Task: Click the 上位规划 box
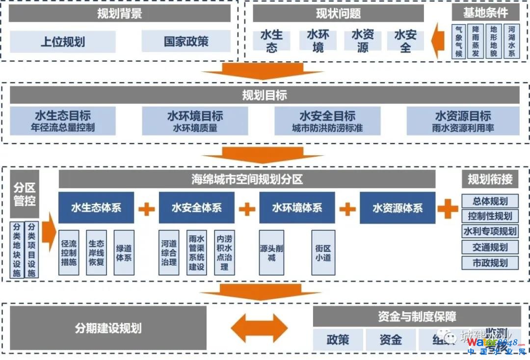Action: [x=62, y=42]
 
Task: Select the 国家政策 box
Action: [x=186, y=41]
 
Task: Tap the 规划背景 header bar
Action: [x=120, y=13]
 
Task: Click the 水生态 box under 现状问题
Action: [x=271, y=41]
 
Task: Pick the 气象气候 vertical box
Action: [x=459, y=42]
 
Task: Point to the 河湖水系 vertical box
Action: [x=512, y=42]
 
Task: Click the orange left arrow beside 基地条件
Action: [x=437, y=42]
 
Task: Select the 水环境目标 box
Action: [x=195, y=121]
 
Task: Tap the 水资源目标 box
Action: [x=463, y=121]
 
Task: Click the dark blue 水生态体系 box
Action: [x=96, y=208]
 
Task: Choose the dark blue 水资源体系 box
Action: [x=397, y=208]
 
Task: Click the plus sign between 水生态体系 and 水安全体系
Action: [x=146, y=208]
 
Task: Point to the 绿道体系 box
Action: [x=124, y=252]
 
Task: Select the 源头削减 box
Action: [x=271, y=252]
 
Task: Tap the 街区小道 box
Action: [x=323, y=252]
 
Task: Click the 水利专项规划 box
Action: [x=490, y=231]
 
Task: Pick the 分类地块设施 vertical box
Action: [x=17, y=250]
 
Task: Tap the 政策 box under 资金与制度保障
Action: [x=338, y=339]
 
